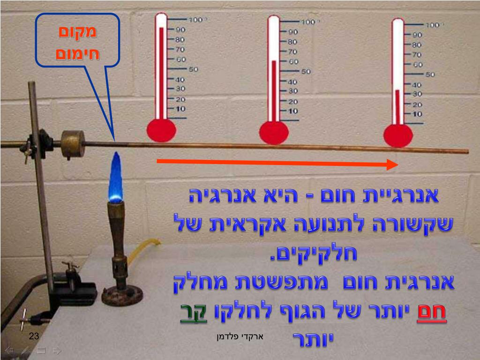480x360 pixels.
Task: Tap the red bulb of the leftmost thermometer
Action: (x=161, y=130)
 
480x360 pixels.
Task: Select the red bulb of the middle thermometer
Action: (x=274, y=133)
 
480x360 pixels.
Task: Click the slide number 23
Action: (x=34, y=336)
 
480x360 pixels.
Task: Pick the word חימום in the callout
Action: (x=77, y=52)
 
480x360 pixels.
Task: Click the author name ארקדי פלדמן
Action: (x=240, y=336)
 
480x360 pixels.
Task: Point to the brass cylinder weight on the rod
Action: (x=73, y=143)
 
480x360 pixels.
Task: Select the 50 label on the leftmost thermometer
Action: (x=193, y=69)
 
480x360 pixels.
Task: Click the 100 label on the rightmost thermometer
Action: (x=432, y=25)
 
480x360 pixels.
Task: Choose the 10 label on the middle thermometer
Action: (x=293, y=111)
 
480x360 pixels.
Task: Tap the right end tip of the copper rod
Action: (x=467, y=151)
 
